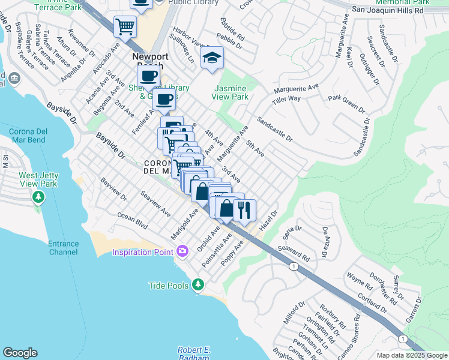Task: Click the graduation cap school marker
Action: tap(212, 59)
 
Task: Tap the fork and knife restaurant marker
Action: tap(244, 210)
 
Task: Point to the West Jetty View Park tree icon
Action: tap(39, 197)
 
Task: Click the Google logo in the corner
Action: tap(20, 353)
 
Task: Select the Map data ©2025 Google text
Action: tap(411, 355)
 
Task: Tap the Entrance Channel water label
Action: tap(64, 248)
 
